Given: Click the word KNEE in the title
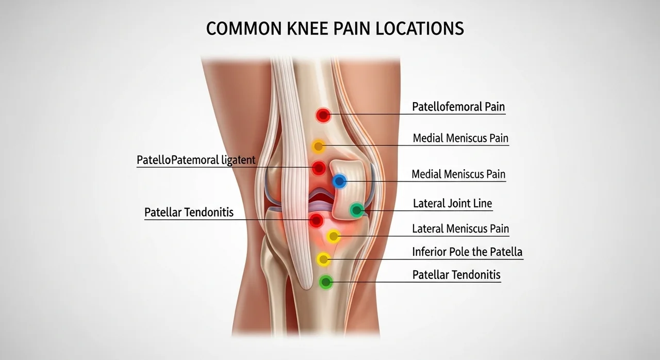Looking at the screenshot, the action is click(307, 28).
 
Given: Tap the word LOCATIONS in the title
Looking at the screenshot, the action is click(420, 28).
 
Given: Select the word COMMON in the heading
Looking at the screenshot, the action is click(244, 28).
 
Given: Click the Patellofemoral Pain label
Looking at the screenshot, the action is click(458, 107).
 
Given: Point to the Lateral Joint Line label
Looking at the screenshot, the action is click(453, 203).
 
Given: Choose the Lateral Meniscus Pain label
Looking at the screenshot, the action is click(460, 228).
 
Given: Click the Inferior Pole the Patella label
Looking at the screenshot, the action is click(467, 252).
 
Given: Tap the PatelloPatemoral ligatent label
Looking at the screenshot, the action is click(196, 160).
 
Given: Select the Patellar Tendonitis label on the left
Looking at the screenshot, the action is click(189, 212).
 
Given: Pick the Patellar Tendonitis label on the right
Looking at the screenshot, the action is click(456, 275).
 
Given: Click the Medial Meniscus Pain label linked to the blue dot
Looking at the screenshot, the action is click(458, 174).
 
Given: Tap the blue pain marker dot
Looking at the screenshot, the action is click(339, 182).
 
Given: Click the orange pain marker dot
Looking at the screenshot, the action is click(318, 146).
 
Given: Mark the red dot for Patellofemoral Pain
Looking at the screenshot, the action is click(323, 115).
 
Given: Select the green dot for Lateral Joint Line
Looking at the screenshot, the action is click(357, 210).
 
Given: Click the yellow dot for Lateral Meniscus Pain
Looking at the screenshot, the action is click(334, 236).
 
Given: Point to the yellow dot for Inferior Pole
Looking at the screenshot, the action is click(323, 259).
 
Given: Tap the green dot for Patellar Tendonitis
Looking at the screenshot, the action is click(326, 282).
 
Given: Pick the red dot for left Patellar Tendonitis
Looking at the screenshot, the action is click(316, 220).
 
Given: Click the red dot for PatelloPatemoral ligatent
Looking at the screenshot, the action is click(319, 168).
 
